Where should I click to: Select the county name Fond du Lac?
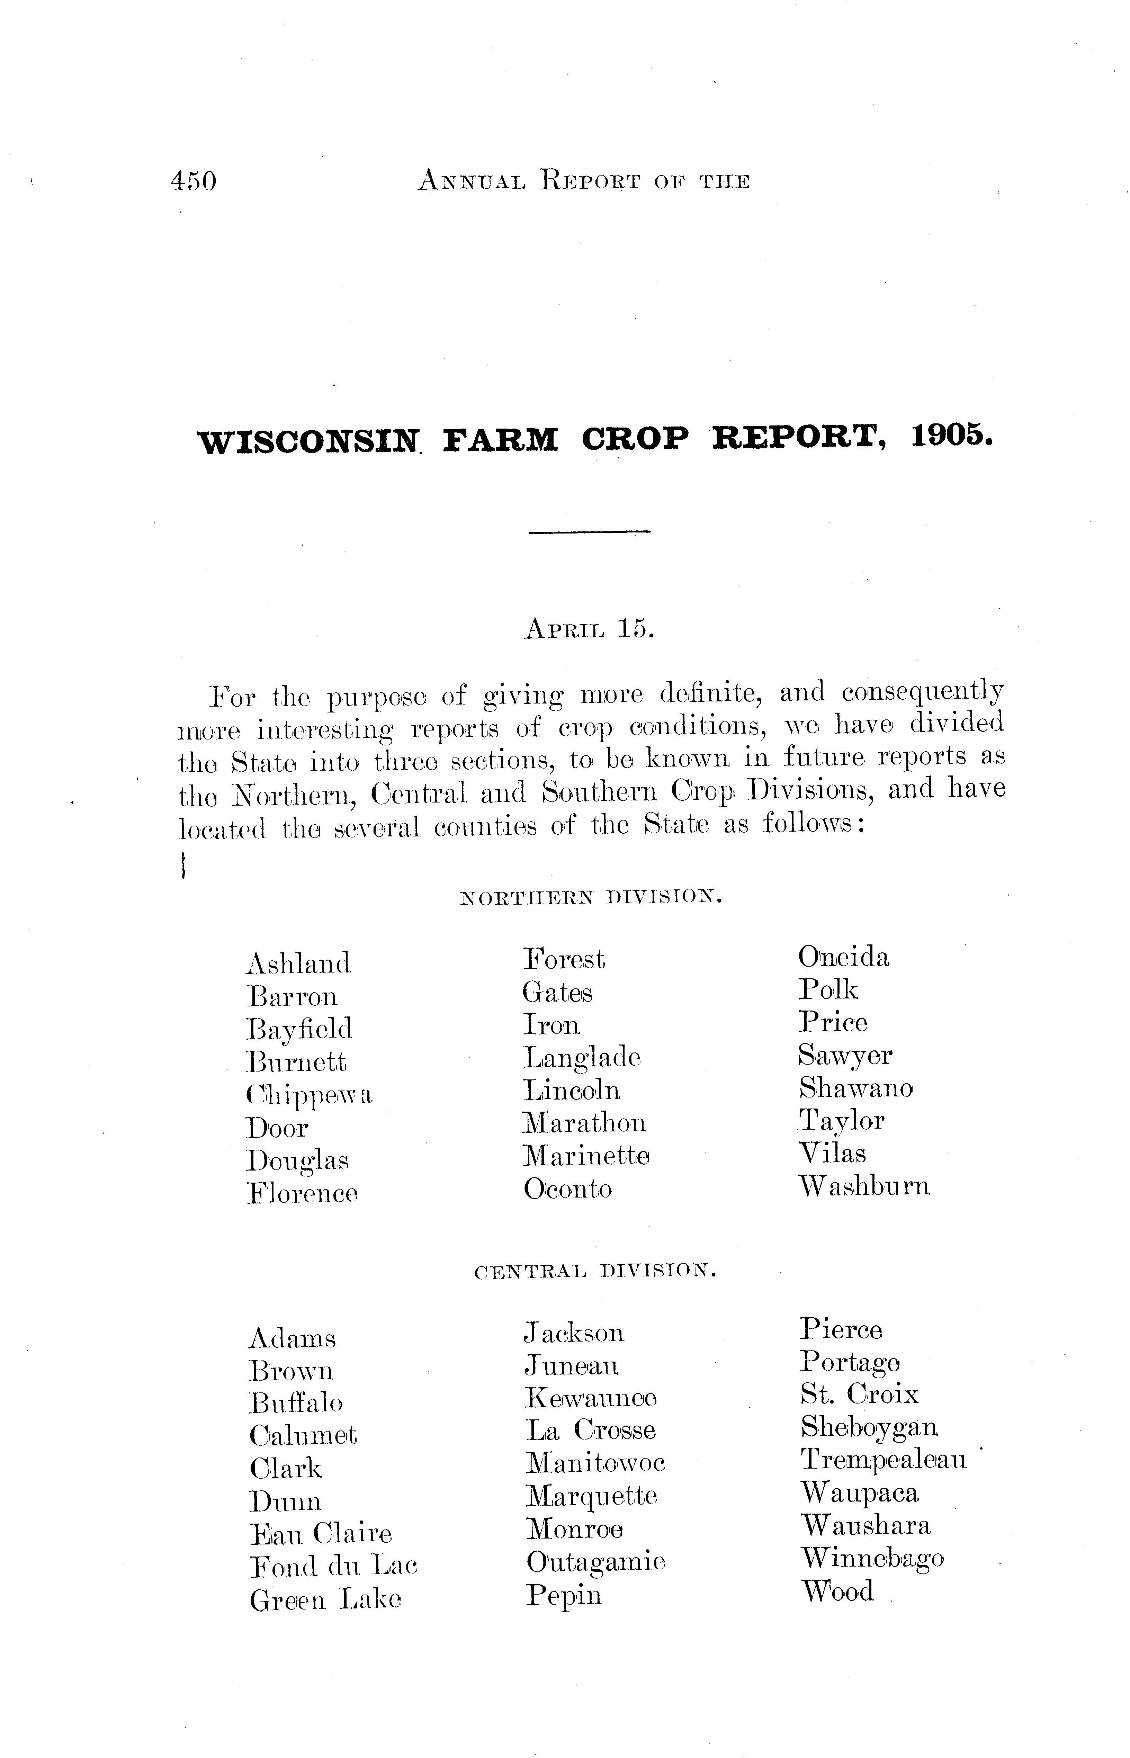point(333,1567)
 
